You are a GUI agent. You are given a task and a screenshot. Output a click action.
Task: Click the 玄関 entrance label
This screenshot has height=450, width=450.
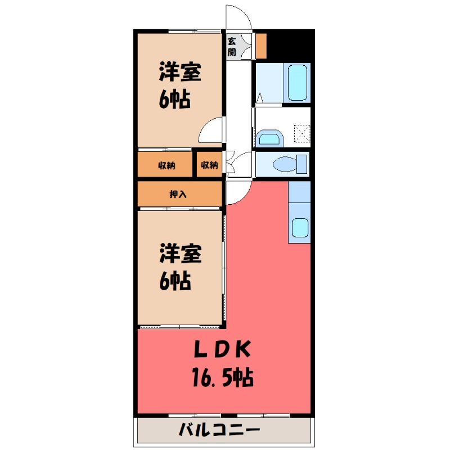(232, 47)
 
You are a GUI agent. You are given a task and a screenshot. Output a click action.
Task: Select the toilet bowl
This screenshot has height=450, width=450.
(284, 165)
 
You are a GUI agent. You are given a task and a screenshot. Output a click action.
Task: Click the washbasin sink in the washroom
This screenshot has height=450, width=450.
(269, 138)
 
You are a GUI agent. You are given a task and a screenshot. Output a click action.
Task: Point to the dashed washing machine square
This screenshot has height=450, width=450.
(302, 134)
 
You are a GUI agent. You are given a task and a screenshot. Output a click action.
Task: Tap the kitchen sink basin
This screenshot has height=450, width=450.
(300, 227)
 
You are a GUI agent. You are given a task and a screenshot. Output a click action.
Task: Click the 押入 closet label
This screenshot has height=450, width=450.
(178, 194)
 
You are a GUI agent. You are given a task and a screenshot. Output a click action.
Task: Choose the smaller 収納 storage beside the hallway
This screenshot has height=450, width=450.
(209, 165)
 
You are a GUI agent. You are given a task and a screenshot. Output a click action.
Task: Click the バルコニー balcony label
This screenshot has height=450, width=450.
(219, 430)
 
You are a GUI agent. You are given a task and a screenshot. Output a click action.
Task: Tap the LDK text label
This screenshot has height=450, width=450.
(222, 349)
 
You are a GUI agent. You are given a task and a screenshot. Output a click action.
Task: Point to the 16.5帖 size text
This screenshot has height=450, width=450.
(223, 377)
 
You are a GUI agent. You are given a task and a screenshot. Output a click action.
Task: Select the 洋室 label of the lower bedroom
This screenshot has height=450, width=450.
(181, 254)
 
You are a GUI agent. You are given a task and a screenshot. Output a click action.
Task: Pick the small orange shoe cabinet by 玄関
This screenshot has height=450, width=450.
(261, 46)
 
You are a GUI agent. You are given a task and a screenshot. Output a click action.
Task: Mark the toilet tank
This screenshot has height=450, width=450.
(301, 164)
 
